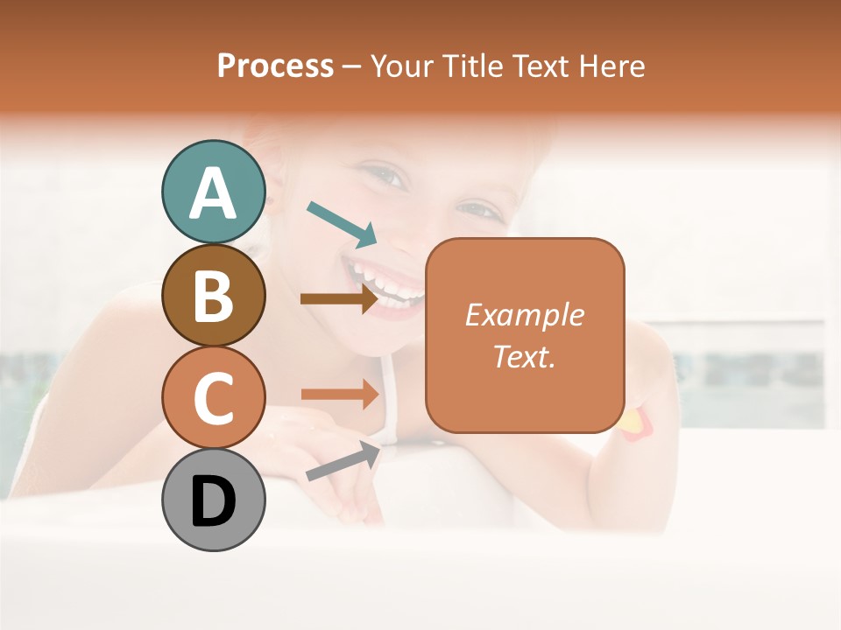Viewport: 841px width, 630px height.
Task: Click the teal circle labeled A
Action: point(213,192)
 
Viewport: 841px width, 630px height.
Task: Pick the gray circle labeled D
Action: point(213,500)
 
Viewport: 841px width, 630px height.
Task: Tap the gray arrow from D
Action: point(343,461)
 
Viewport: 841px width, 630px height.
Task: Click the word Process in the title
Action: point(275,66)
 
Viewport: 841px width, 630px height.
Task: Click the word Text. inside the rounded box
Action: point(524,356)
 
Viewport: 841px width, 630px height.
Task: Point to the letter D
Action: point(213,501)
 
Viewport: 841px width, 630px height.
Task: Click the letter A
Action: point(213,194)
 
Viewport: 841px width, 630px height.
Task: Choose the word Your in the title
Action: point(401,66)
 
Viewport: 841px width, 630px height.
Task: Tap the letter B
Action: point(213,296)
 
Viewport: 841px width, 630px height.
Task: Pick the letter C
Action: point(213,398)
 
